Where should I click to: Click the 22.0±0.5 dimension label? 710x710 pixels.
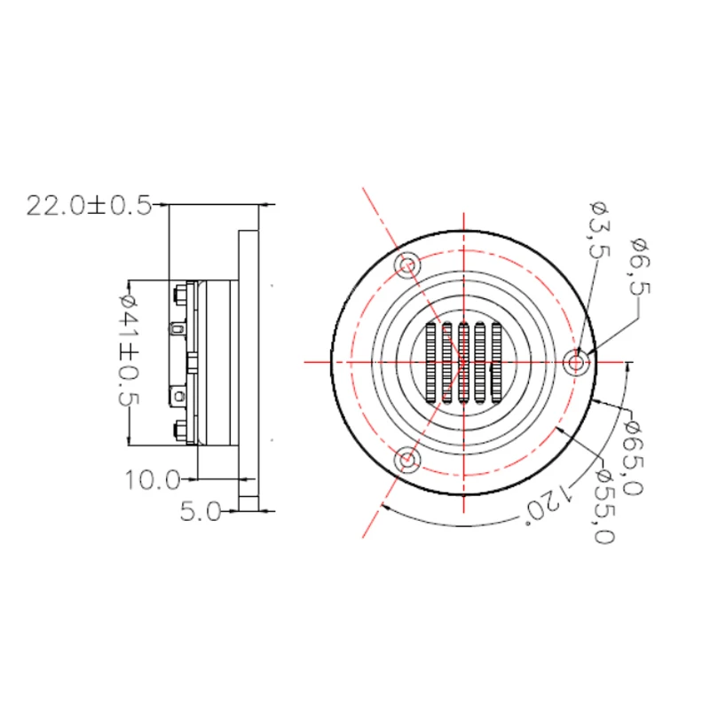(89, 206)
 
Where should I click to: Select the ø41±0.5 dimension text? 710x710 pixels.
(129, 350)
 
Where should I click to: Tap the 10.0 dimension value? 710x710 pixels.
(153, 480)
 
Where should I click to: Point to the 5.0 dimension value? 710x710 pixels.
(201, 512)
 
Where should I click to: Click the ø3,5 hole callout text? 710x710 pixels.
(600, 230)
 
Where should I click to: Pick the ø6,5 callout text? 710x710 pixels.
(641, 266)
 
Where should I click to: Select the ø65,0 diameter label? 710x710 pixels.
(633, 458)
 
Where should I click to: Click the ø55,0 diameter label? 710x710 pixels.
(604, 506)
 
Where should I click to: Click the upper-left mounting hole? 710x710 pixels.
(407, 264)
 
